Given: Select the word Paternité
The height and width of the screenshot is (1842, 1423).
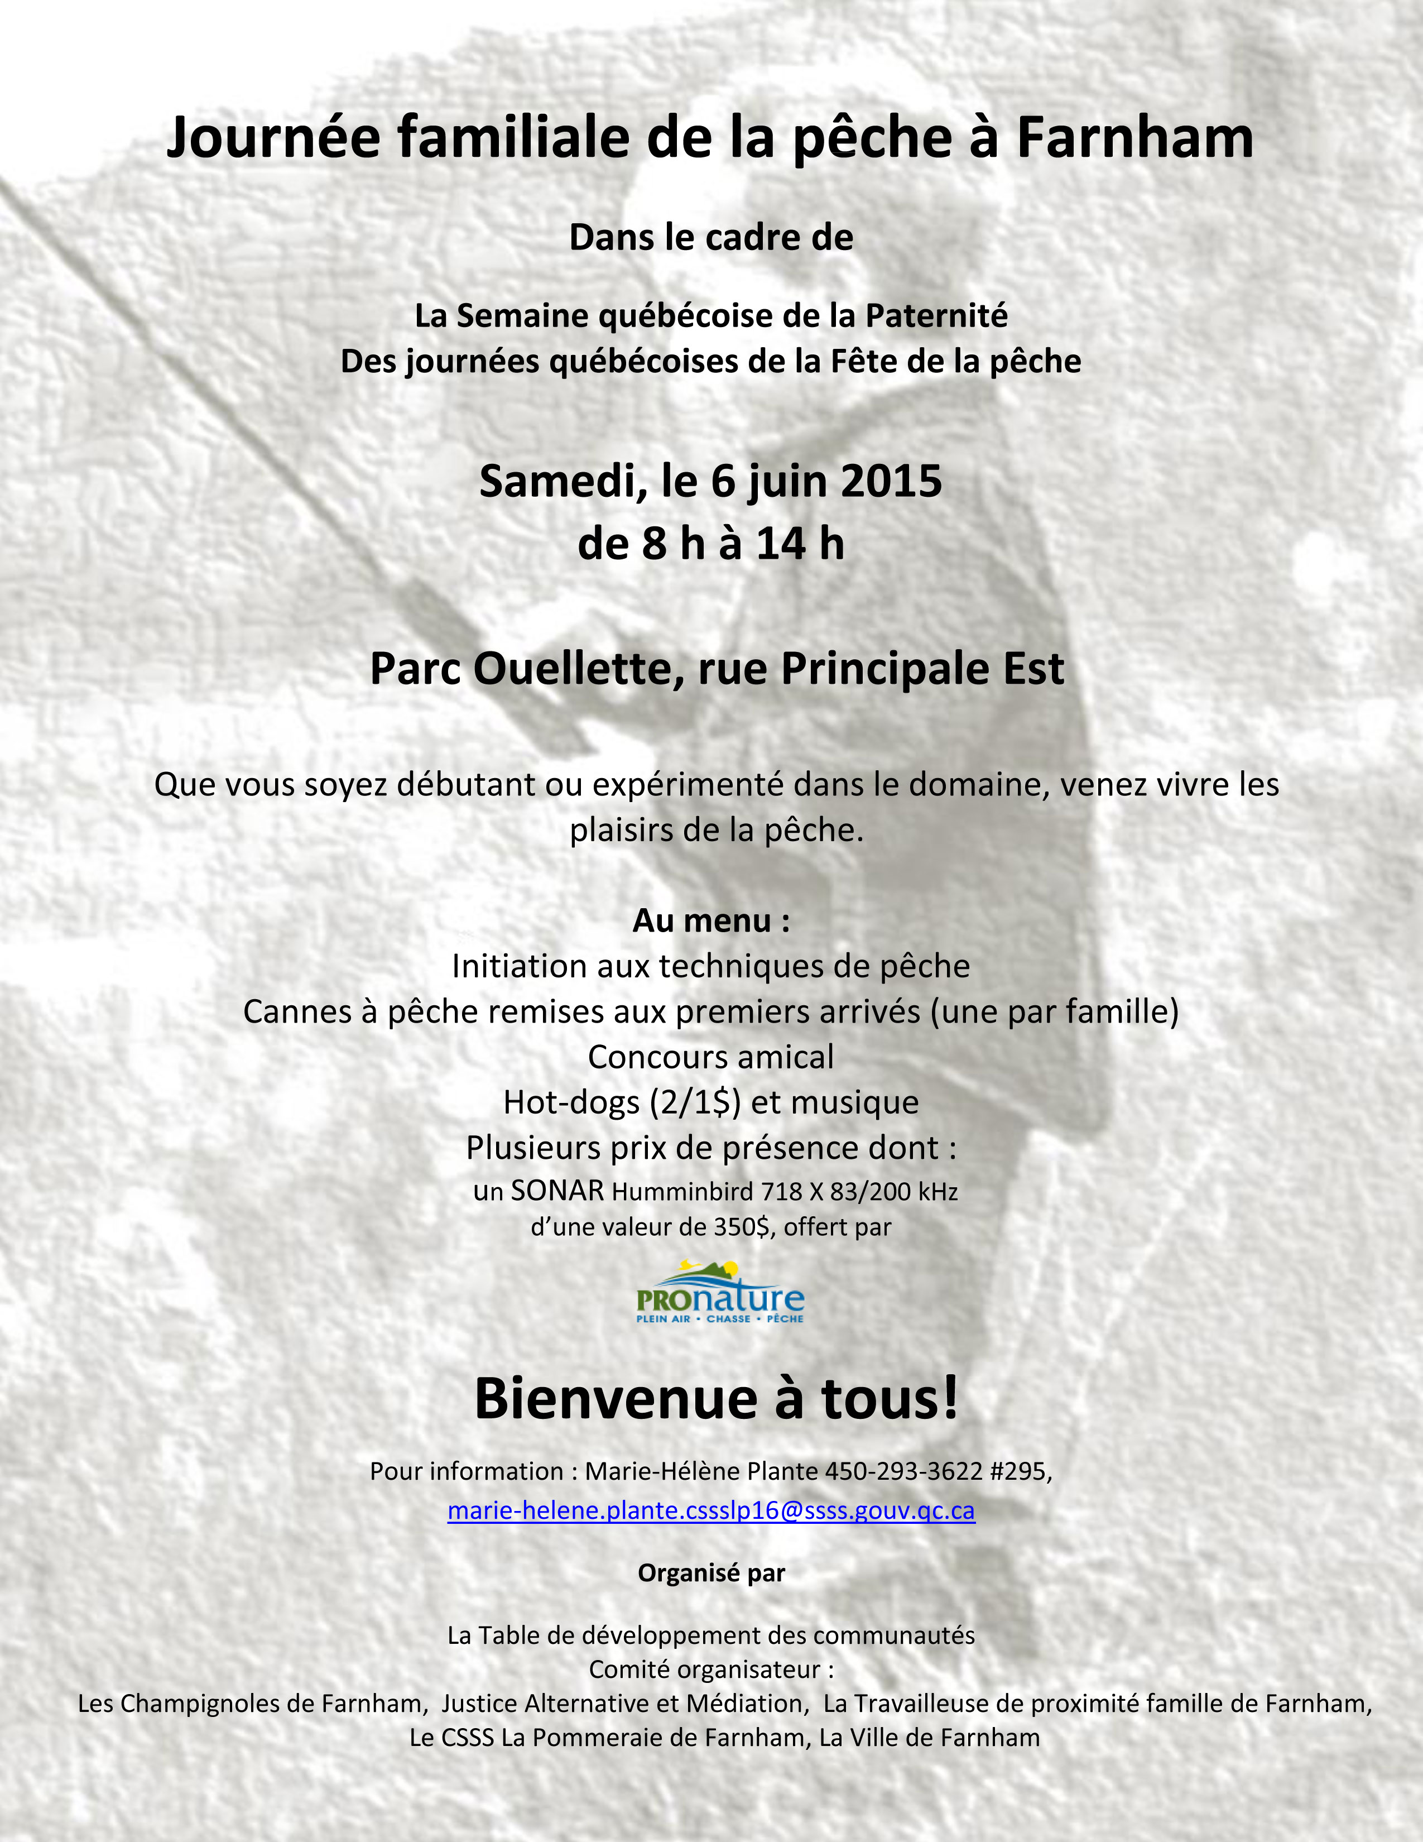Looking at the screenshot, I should [936, 316].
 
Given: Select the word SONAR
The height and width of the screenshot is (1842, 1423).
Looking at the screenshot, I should [557, 1191].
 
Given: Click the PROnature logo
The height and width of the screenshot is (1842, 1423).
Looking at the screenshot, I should [720, 1292].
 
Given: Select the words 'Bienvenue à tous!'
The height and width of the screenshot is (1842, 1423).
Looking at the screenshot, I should [717, 1399].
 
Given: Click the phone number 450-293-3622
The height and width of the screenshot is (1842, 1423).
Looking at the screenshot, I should [903, 1472].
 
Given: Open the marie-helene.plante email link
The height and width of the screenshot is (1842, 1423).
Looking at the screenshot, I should [710, 1510].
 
